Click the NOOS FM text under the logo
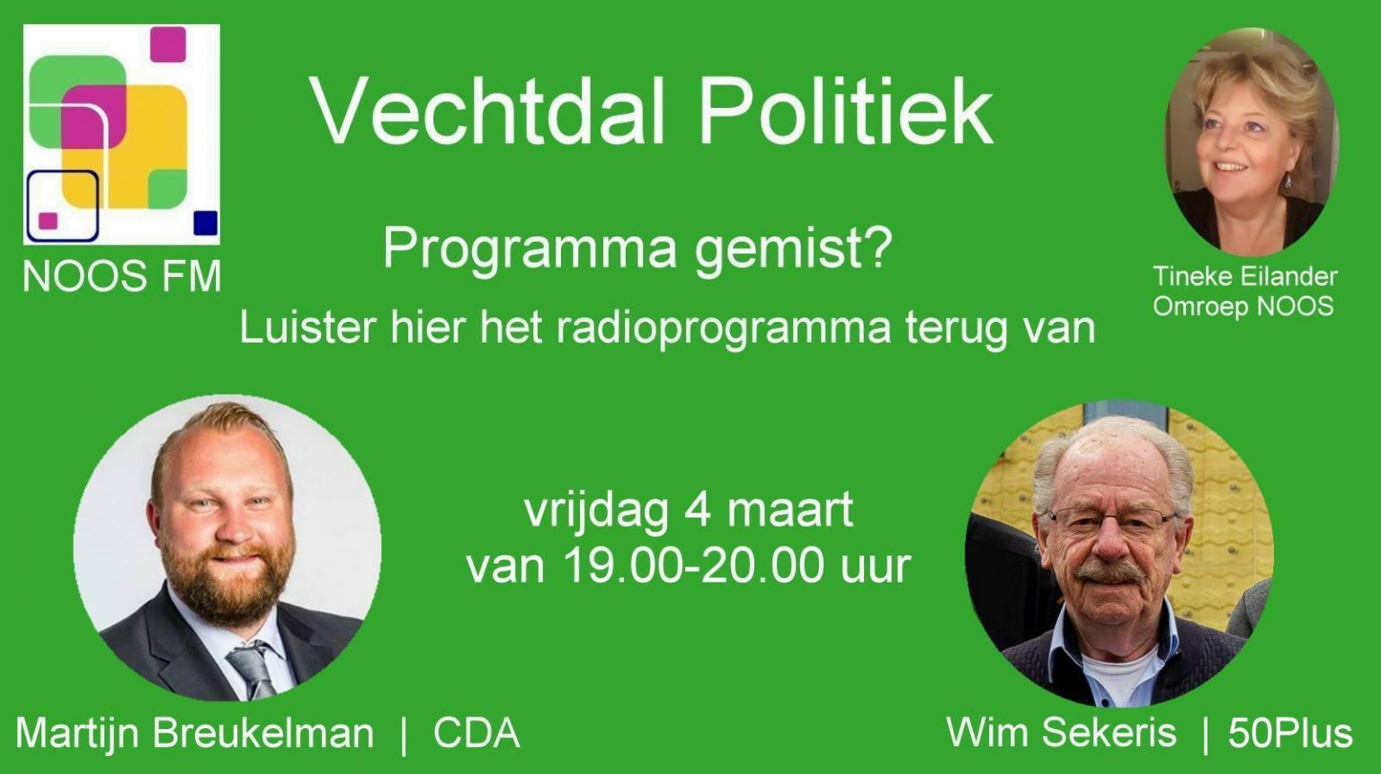(x=122, y=276)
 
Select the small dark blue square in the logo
(x=206, y=222)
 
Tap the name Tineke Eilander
(x=1244, y=276)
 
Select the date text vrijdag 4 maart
(x=689, y=511)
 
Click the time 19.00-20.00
(x=693, y=565)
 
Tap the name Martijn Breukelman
(x=194, y=734)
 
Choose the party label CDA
(x=477, y=734)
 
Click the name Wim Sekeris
(x=1061, y=733)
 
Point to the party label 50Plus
(x=1290, y=734)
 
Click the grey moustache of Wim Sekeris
(x=1109, y=573)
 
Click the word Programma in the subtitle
(x=529, y=246)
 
